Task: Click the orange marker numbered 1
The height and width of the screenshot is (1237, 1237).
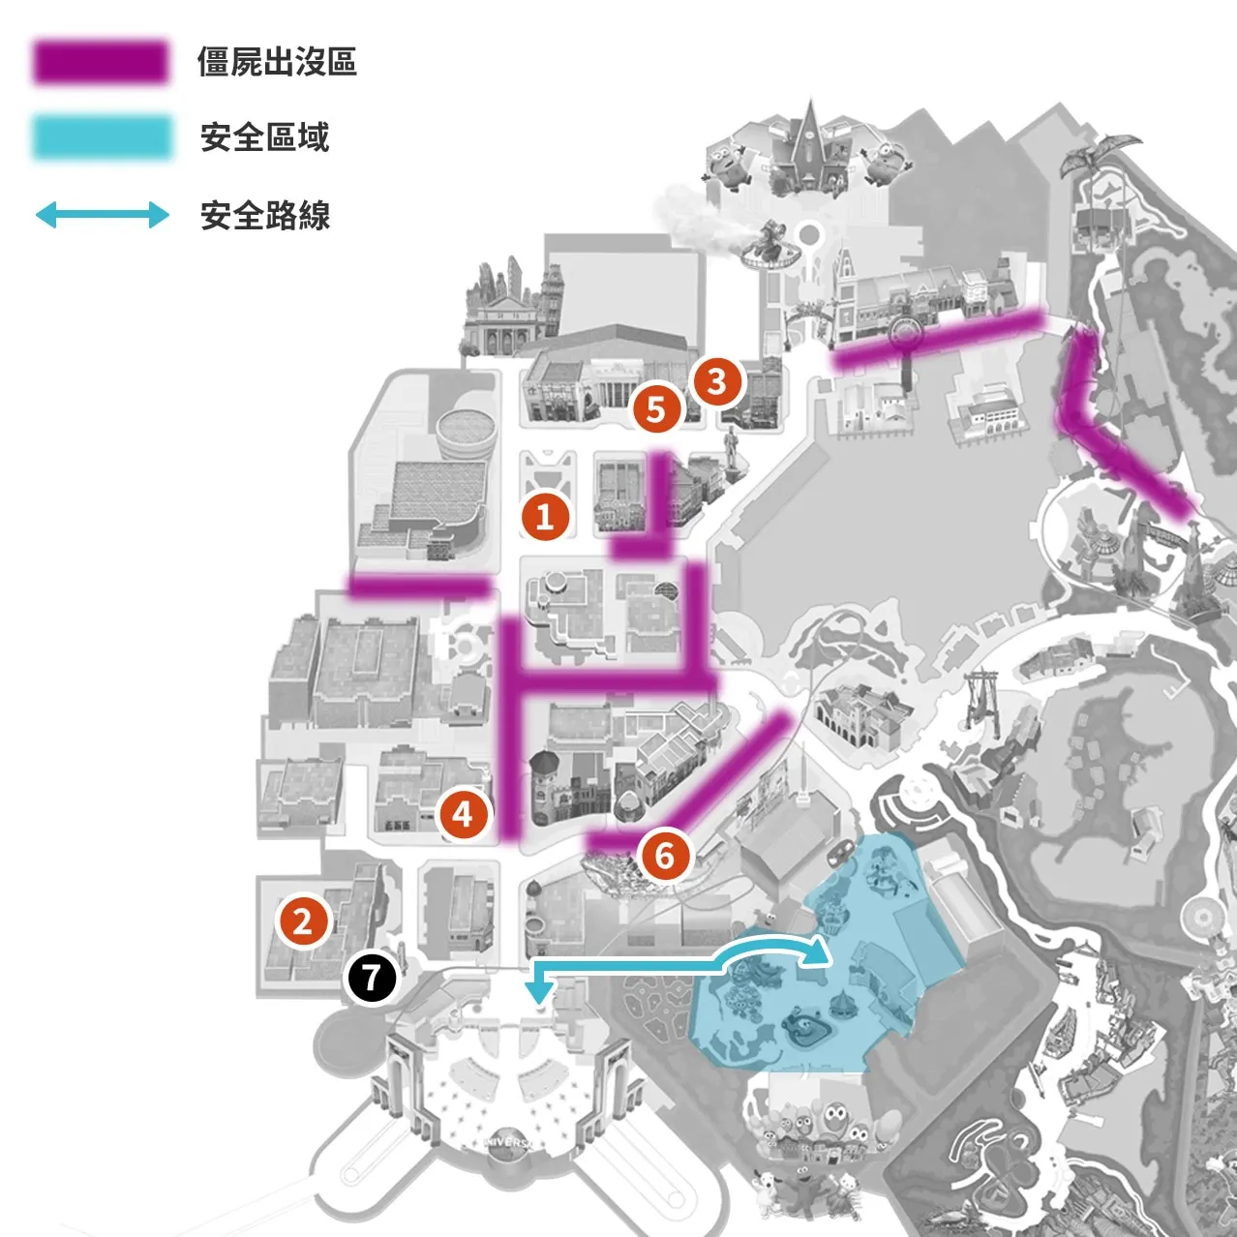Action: click(545, 516)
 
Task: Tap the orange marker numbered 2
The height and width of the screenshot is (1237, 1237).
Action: click(302, 921)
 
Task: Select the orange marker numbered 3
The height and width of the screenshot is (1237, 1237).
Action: click(715, 382)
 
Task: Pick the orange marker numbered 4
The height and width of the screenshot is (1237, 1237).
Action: click(463, 815)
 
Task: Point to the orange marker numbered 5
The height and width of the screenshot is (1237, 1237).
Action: click(656, 408)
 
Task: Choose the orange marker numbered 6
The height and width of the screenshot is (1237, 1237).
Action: click(664, 856)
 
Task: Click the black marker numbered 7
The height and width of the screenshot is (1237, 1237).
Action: click(372, 978)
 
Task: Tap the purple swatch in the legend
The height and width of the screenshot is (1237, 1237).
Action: click(101, 62)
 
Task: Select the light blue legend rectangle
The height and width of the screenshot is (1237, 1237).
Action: click(102, 136)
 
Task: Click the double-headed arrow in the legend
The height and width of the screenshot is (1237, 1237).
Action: click(102, 215)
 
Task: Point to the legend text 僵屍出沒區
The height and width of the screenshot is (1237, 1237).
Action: click(277, 62)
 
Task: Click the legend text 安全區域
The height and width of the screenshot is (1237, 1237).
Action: click(264, 136)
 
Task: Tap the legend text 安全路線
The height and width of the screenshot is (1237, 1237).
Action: click(264, 215)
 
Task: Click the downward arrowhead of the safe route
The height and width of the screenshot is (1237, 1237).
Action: click(539, 992)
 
